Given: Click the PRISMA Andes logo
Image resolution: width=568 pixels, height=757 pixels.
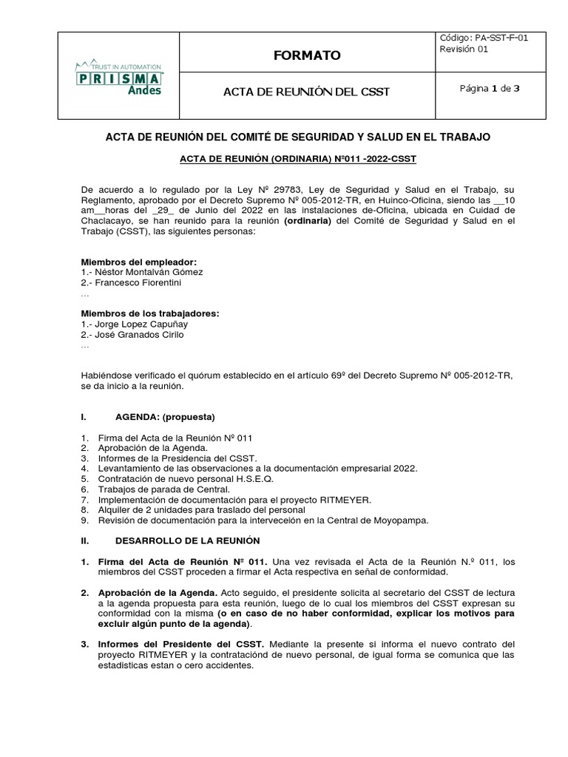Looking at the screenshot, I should click(x=120, y=76).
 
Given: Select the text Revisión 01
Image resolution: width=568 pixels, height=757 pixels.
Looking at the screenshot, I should click(x=464, y=50).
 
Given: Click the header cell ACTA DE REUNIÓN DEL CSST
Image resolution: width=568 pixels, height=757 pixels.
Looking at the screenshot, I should click(x=306, y=92).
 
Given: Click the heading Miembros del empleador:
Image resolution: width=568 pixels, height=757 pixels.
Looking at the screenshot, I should click(x=138, y=262).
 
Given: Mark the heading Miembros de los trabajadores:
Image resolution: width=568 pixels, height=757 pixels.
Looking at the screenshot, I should click(x=150, y=313).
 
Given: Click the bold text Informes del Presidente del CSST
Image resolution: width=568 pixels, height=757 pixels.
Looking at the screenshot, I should click(x=181, y=645).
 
